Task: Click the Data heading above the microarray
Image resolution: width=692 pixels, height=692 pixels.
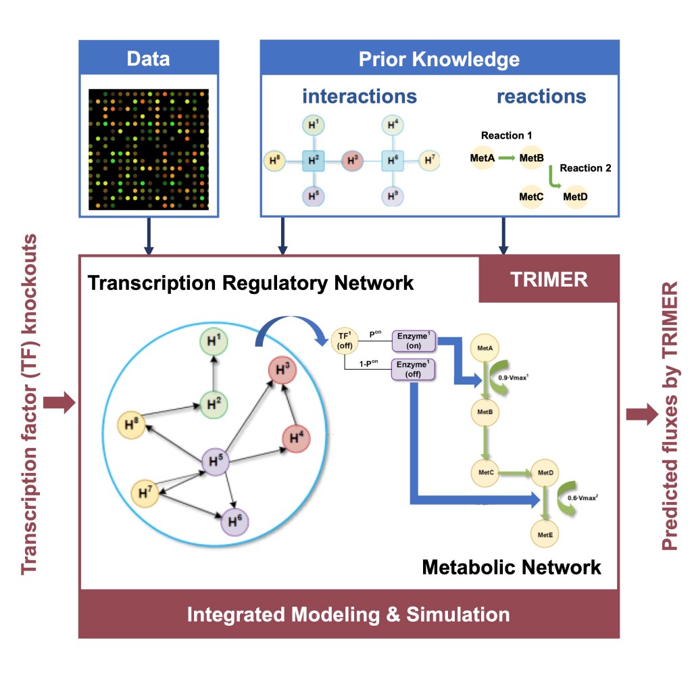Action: pos(148,59)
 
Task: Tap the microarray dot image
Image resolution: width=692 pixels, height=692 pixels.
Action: pos(149,149)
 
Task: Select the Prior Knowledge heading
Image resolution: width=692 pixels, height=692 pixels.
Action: pos(439,59)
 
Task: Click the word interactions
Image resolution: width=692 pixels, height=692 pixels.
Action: pos(360,96)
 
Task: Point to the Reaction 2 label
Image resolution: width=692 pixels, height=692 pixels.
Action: pos(585,168)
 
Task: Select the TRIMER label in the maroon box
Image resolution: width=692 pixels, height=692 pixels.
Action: pos(549,278)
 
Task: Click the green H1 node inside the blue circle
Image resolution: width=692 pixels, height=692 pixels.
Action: pos(214,343)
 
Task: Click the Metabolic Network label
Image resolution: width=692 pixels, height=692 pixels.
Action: pos(511,567)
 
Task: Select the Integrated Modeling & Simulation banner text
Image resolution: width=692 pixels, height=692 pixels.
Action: pos(348,614)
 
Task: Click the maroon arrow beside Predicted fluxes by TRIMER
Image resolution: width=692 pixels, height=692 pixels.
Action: pos(641,414)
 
